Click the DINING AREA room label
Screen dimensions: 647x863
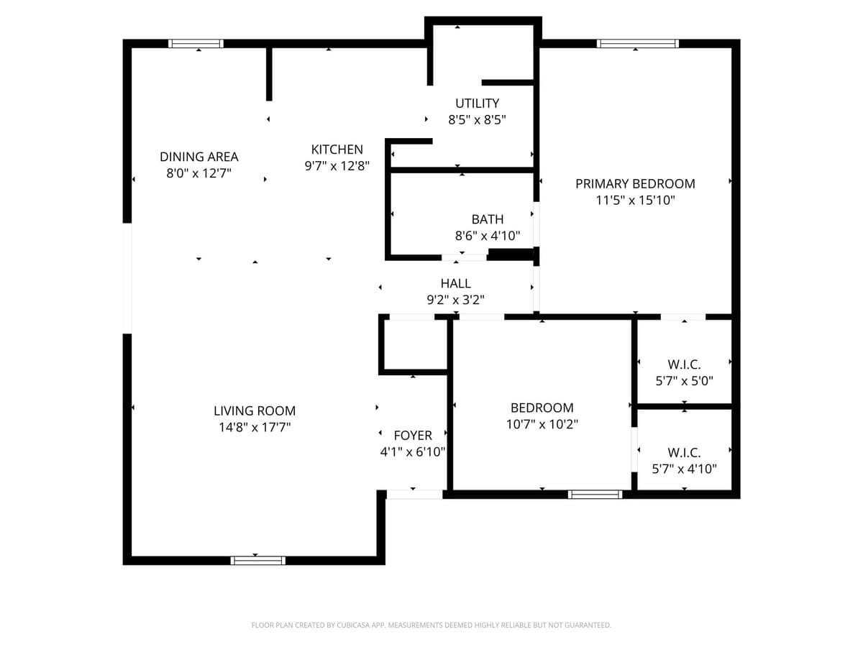coord(198,157)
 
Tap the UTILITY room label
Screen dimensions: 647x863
coord(477,104)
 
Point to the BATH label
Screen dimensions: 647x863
coord(488,219)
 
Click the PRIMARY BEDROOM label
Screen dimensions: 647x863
coord(635,183)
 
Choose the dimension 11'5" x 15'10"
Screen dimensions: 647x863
coord(635,201)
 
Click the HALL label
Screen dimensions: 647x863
coord(456,284)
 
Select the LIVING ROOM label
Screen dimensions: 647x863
coord(255,411)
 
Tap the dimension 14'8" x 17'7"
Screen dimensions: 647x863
coord(255,428)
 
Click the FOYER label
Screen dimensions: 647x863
coord(413,436)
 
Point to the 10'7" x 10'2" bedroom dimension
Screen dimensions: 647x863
coord(542,424)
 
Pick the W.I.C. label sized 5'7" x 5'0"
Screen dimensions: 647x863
coord(684,364)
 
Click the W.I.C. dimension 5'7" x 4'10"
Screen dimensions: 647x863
coord(684,469)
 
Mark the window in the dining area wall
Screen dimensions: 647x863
coord(196,44)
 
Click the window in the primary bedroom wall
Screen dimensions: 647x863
coord(638,44)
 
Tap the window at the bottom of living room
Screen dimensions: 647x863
coord(257,560)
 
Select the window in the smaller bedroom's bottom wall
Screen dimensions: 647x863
coord(595,495)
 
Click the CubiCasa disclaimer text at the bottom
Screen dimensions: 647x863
coord(431,625)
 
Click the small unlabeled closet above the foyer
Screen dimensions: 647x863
coord(414,345)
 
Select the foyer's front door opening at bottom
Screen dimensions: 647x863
coord(414,495)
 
